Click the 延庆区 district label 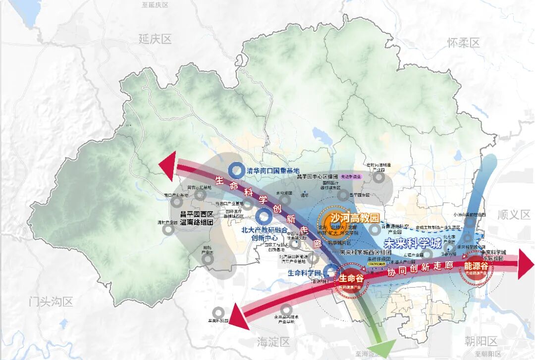point(155,39)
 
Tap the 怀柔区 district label point(464,43)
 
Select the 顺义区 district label point(514,214)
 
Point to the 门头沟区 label point(51,301)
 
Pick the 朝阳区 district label point(481,341)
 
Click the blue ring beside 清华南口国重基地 point(236,170)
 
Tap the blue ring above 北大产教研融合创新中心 point(264,215)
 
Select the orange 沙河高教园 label point(355,218)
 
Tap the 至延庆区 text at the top point(155,4)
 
